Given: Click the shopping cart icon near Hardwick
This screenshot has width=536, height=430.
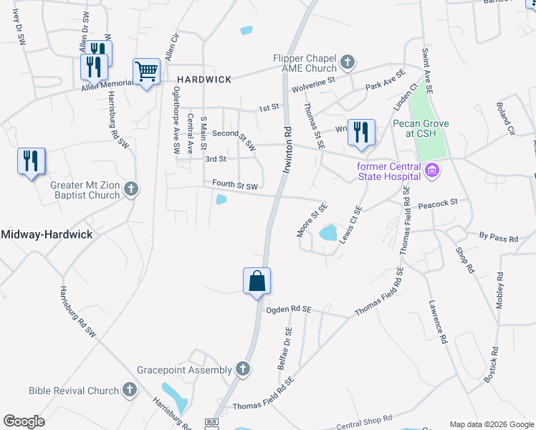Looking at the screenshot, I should [146, 72].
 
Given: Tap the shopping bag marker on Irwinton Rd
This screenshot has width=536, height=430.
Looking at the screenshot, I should [257, 281].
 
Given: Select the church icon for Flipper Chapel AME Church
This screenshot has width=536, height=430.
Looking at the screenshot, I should [348, 62].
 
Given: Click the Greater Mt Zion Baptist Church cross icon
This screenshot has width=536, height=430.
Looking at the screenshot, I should [130, 189].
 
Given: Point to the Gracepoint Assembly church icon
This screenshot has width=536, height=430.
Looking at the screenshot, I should [243, 369].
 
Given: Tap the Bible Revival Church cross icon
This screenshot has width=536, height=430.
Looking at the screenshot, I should [129, 390].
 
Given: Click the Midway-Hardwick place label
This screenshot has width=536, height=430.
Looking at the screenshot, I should [47, 234].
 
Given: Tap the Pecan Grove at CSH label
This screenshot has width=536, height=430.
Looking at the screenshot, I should [421, 128].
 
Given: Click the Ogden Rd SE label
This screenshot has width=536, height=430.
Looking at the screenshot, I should [288, 309].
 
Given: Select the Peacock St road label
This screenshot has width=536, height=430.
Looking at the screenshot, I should [439, 204].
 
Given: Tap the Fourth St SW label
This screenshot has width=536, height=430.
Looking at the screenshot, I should [235, 186].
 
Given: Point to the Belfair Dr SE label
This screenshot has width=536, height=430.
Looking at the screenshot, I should [284, 348].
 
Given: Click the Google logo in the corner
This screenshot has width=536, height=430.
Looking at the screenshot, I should [24, 421].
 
